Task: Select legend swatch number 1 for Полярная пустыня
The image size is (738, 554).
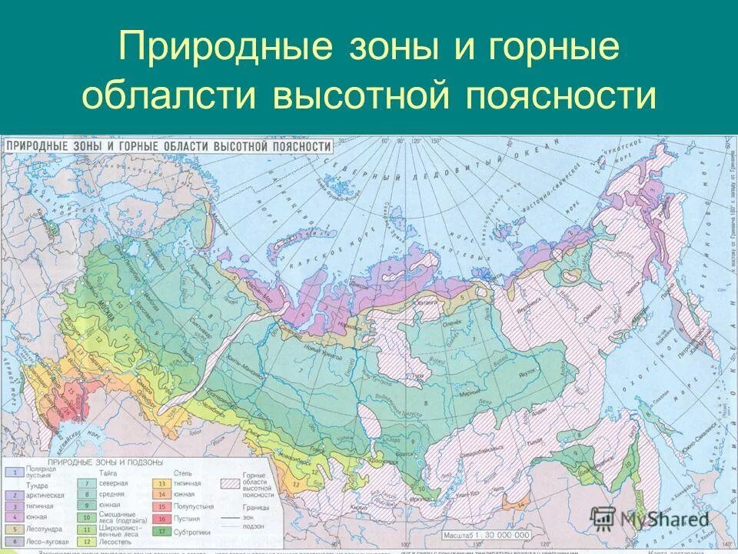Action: (x=12, y=471)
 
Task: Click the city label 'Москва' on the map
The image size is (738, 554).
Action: (x=109, y=311)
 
